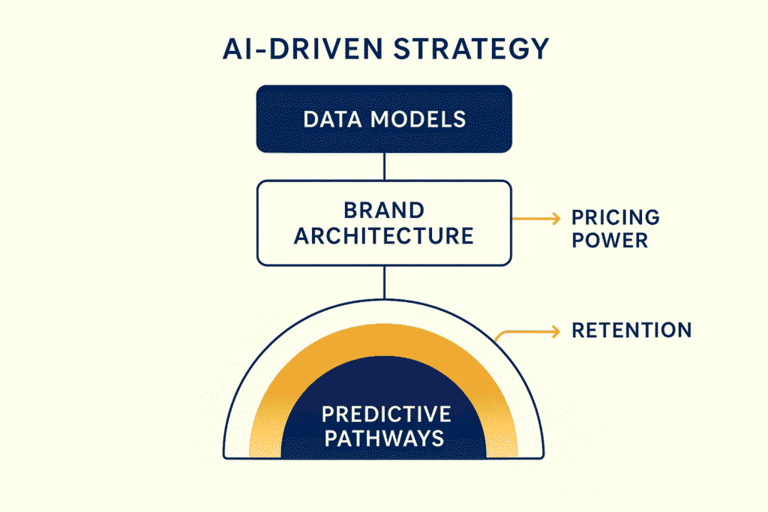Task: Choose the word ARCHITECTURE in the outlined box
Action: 384,236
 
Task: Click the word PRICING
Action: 616,218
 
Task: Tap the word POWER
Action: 610,242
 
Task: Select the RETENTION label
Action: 631,331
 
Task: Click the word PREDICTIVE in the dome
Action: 386,414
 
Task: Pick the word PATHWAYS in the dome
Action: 384,437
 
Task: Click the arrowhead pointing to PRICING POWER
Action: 557,218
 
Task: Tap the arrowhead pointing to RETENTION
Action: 557,331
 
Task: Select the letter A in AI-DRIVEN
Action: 232,49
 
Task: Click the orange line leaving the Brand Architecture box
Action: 532,218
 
